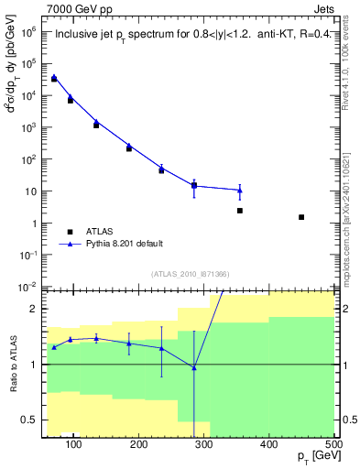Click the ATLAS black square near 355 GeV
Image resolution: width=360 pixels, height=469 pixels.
click(x=240, y=211)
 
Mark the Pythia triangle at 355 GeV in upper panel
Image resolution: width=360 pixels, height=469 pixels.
click(x=240, y=191)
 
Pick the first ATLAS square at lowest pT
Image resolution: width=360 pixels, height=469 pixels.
click(x=54, y=79)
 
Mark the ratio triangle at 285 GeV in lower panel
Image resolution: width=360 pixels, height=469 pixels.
click(x=194, y=367)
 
